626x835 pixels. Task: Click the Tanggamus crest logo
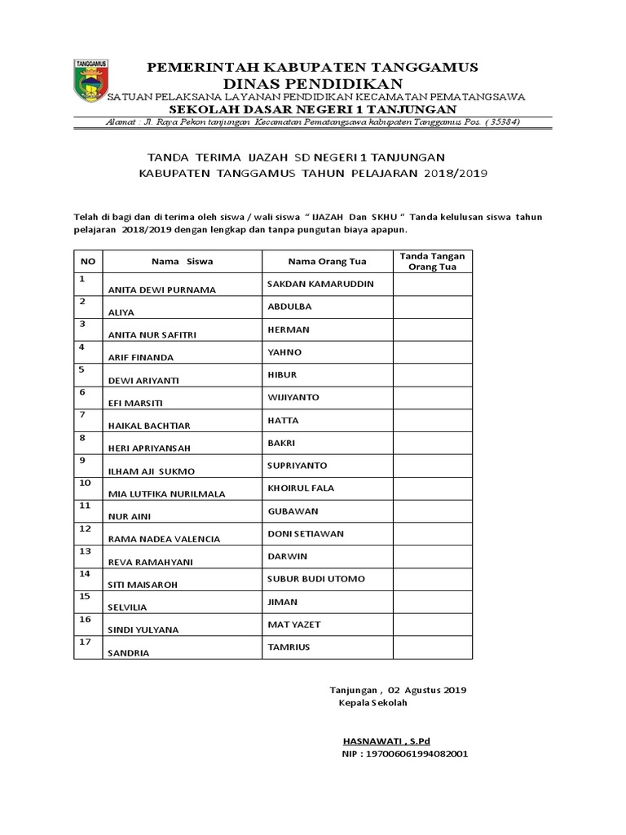(91, 81)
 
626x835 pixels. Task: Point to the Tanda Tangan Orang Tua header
(432, 262)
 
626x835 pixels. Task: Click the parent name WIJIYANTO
(293, 397)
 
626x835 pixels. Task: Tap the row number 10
(85, 483)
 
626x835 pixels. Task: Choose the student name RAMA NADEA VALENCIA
(164, 539)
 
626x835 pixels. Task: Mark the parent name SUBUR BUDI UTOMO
(315, 579)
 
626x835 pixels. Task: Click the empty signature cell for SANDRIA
(432, 647)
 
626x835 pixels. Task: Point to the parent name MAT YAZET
(294, 625)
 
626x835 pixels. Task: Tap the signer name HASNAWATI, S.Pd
(386, 740)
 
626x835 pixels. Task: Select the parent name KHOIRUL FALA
(301, 488)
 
